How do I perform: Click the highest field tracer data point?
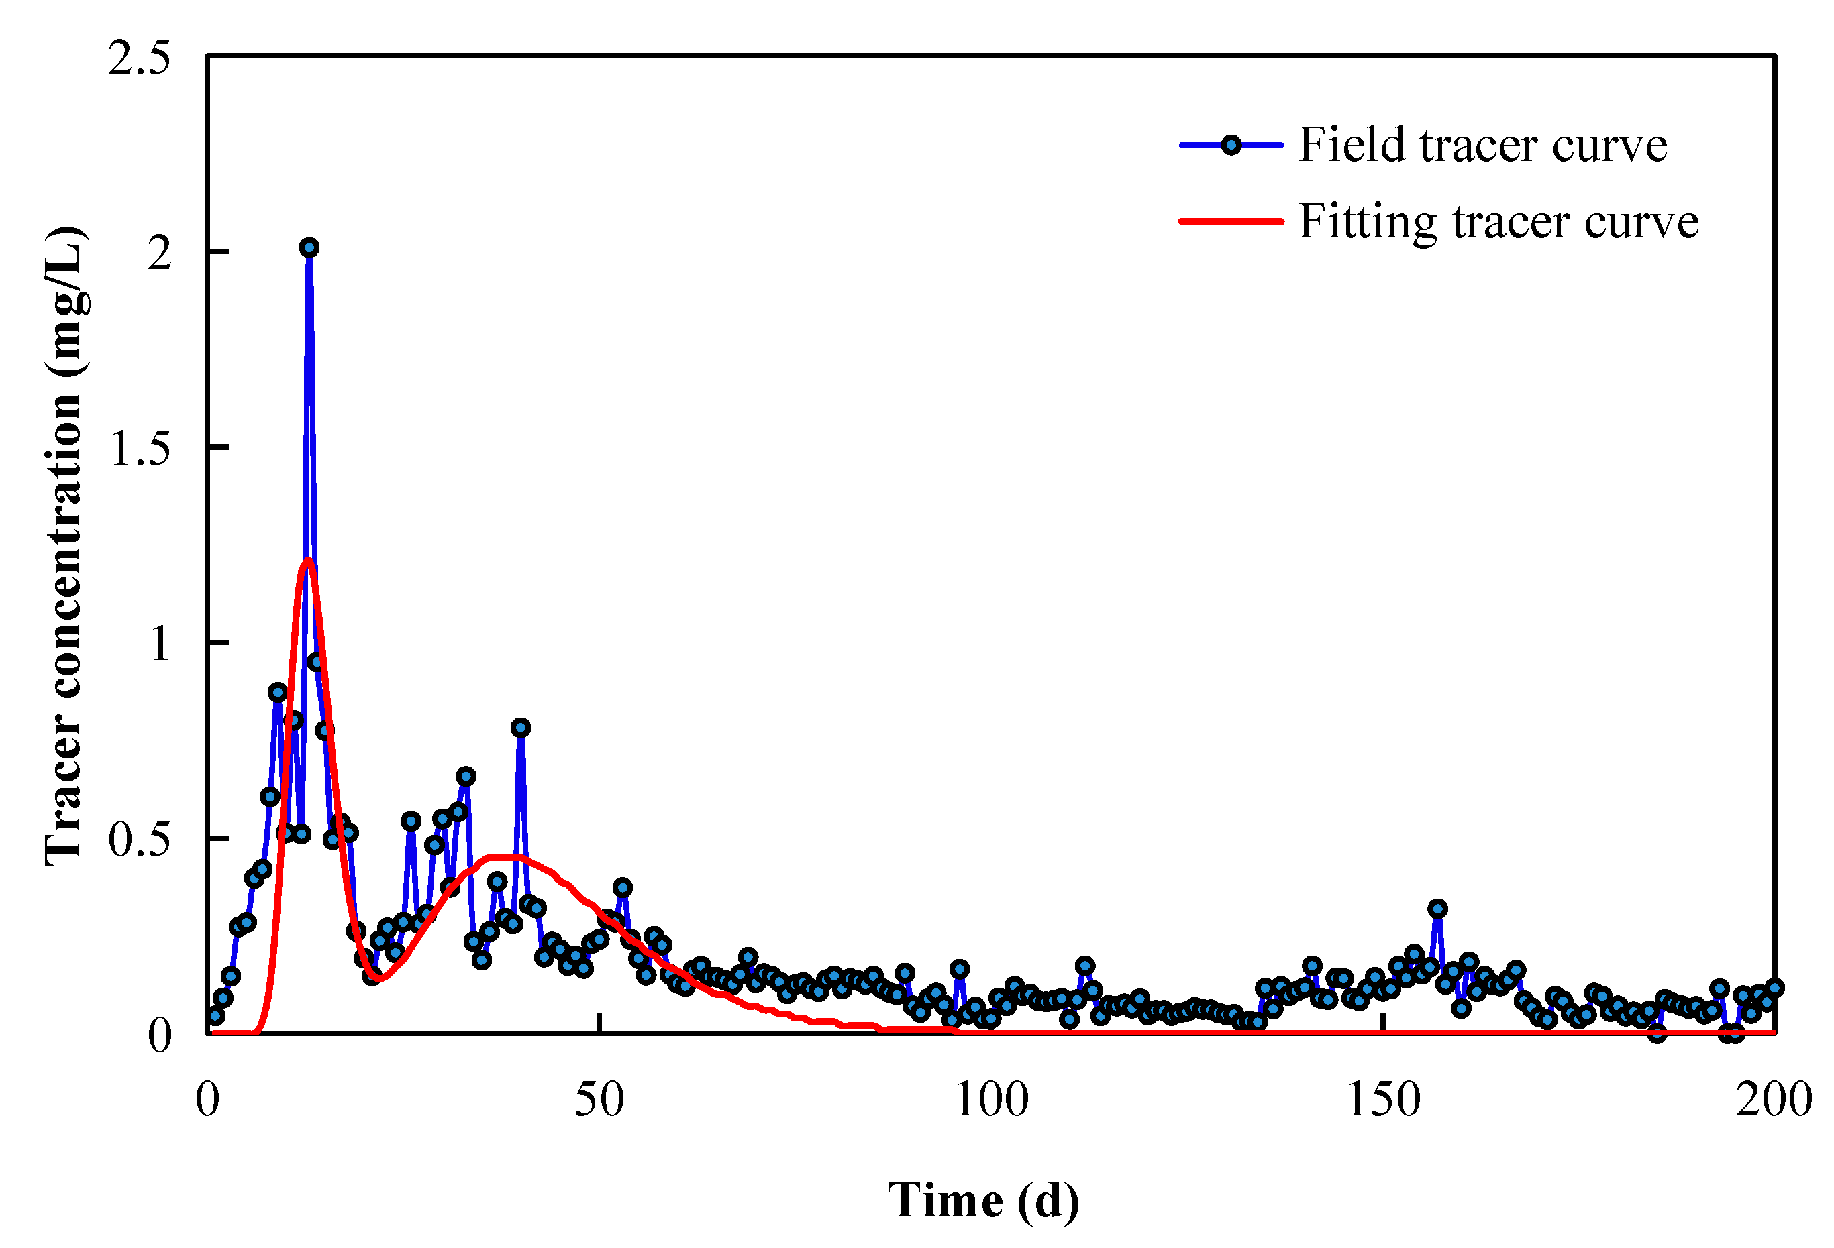309,247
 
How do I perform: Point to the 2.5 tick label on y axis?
139,58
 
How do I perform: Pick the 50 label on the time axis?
599,1099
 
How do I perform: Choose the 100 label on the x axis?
991,1099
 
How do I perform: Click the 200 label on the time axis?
1773,1099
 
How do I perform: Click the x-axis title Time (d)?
983,1200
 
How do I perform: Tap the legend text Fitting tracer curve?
1498,222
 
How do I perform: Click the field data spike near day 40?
520,728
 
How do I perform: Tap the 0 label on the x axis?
207,1099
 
